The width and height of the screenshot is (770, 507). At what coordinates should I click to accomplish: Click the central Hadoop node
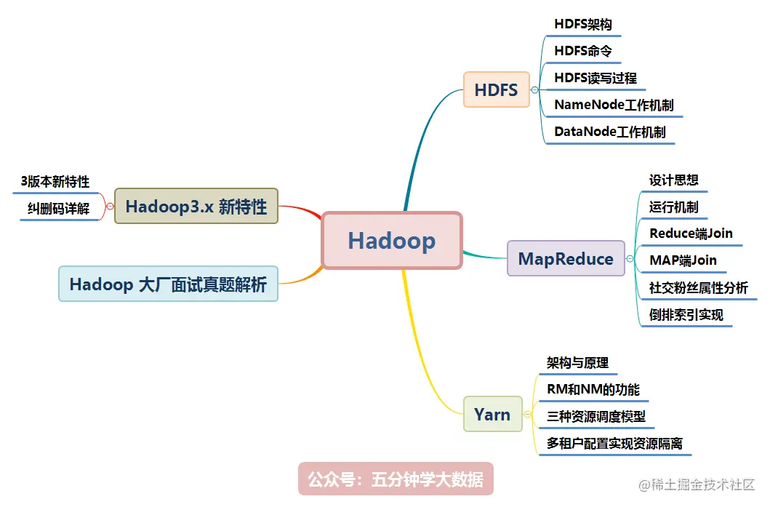pos(392,241)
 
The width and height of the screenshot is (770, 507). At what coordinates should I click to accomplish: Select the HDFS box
pos(497,90)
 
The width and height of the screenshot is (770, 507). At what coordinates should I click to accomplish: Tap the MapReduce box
pos(566,259)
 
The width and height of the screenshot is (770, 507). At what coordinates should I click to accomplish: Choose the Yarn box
pos(492,415)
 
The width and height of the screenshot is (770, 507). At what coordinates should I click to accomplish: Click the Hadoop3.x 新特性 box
pos(196,206)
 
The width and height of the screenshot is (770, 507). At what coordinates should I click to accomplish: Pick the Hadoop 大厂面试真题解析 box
pos(168,284)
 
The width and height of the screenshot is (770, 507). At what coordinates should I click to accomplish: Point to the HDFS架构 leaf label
pos(583,24)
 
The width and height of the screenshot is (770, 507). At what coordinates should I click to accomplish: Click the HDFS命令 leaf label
pos(583,51)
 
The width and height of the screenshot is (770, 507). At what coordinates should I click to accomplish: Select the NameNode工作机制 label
pos(614,105)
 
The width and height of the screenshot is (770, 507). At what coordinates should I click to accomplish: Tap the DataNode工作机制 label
pos(609,132)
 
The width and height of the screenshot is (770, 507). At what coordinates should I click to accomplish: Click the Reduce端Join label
pos(691,233)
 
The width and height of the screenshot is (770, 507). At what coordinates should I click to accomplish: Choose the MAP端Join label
pos(683,260)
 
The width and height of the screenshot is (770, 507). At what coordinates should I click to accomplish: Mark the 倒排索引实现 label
pos(686,315)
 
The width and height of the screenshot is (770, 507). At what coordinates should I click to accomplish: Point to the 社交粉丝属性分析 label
pos(698,288)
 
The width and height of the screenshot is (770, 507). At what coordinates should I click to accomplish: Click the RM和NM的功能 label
pos(593,390)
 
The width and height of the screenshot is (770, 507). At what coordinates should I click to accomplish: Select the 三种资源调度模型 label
pos(596,417)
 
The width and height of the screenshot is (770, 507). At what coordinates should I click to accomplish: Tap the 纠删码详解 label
pos(59,209)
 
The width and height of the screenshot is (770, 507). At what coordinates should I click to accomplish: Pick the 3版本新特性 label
pos(55,182)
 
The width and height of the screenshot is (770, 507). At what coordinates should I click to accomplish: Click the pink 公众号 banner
pos(396,479)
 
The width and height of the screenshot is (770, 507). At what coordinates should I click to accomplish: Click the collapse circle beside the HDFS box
pos(534,90)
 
